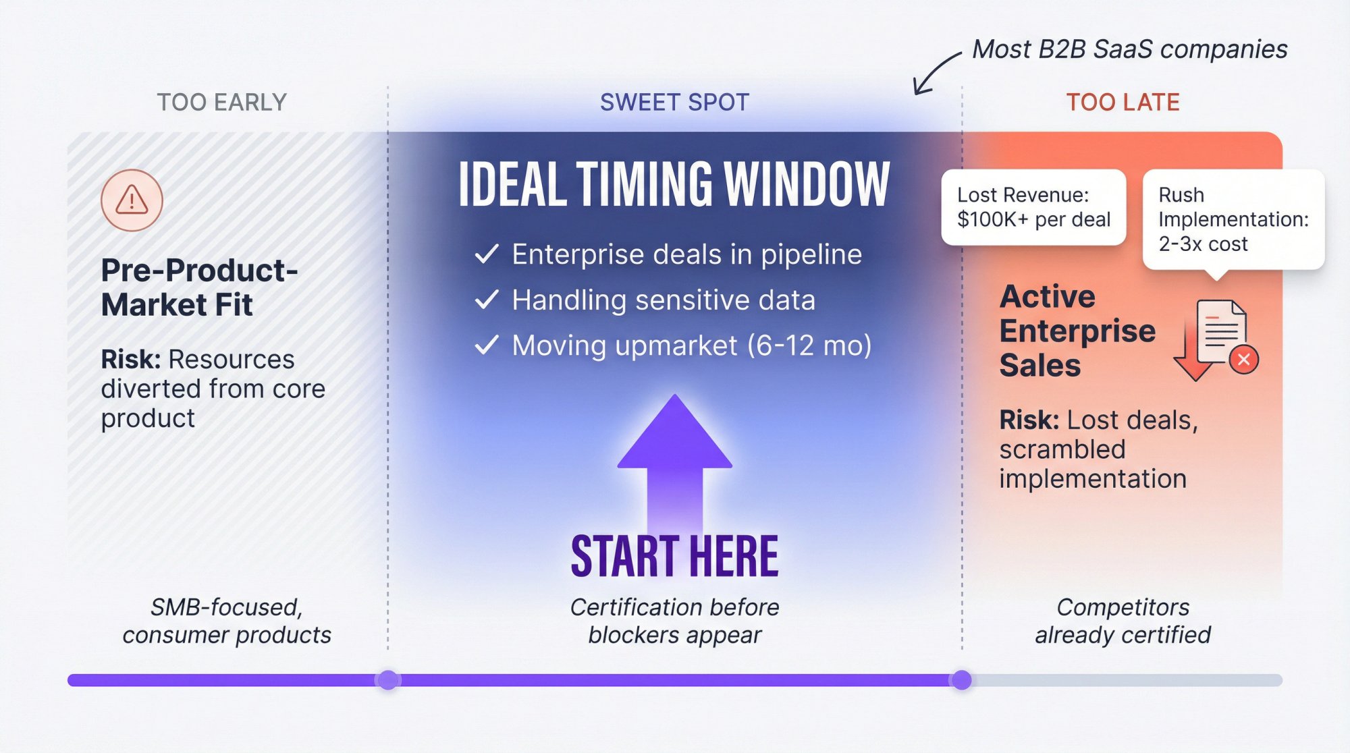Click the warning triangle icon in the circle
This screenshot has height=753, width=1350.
(132, 200)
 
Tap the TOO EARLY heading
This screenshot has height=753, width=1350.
(222, 103)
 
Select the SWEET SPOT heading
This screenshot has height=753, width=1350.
(674, 103)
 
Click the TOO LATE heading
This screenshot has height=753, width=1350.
(1123, 103)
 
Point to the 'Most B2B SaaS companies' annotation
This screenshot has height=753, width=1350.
(1129, 49)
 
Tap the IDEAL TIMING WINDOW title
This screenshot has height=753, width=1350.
(674, 184)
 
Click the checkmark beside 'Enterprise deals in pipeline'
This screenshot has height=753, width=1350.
(487, 254)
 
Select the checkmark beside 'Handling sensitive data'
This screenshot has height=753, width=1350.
(487, 300)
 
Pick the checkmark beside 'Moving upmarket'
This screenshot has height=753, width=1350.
(487, 345)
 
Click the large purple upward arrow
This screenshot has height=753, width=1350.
(674, 459)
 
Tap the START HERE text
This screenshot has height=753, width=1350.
(674, 557)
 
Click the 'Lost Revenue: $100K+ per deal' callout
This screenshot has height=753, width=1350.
(1033, 207)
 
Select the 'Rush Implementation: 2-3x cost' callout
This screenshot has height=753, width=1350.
(1233, 219)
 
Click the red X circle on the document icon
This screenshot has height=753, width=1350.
(1244, 360)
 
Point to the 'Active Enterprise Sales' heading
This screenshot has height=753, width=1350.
(1077, 331)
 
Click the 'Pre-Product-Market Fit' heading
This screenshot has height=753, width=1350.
(199, 287)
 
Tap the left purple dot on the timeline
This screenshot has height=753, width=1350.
(388, 679)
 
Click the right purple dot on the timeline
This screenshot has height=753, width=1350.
(961, 679)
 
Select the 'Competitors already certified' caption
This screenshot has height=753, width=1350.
(1123, 621)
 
